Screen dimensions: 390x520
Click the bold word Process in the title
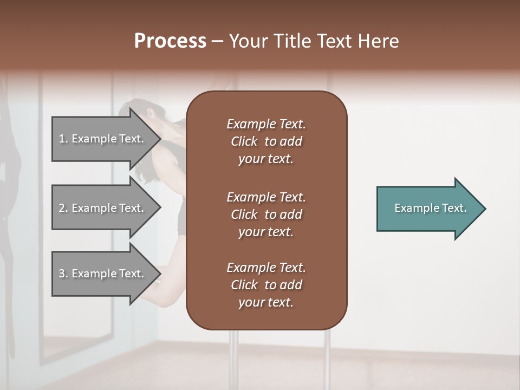170,41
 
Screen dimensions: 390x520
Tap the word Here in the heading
378,41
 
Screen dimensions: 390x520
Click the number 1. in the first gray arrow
63,139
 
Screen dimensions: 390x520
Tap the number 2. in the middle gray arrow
63,208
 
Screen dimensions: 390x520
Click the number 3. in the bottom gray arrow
63,274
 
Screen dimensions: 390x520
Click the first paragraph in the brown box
266,141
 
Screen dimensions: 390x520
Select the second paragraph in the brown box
266,214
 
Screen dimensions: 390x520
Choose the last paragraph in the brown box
266,285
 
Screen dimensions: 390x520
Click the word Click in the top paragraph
244,141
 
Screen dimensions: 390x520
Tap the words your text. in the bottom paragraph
266,302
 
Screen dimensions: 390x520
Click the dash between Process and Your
218,41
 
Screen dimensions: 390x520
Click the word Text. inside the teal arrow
454,208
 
